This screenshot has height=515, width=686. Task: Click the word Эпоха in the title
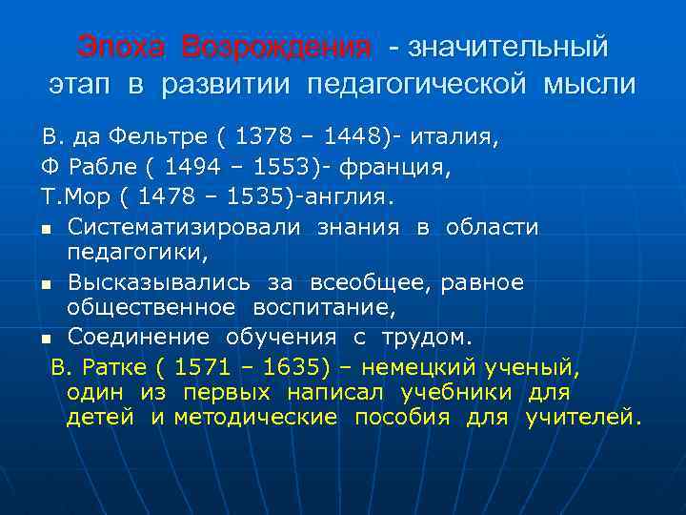[x=121, y=46]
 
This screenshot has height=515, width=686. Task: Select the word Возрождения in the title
[x=275, y=46]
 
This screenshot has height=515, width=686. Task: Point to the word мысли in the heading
[x=589, y=84]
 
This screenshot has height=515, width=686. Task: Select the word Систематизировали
[x=184, y=227]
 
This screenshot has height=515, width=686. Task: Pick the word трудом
[x=425, y=338]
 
